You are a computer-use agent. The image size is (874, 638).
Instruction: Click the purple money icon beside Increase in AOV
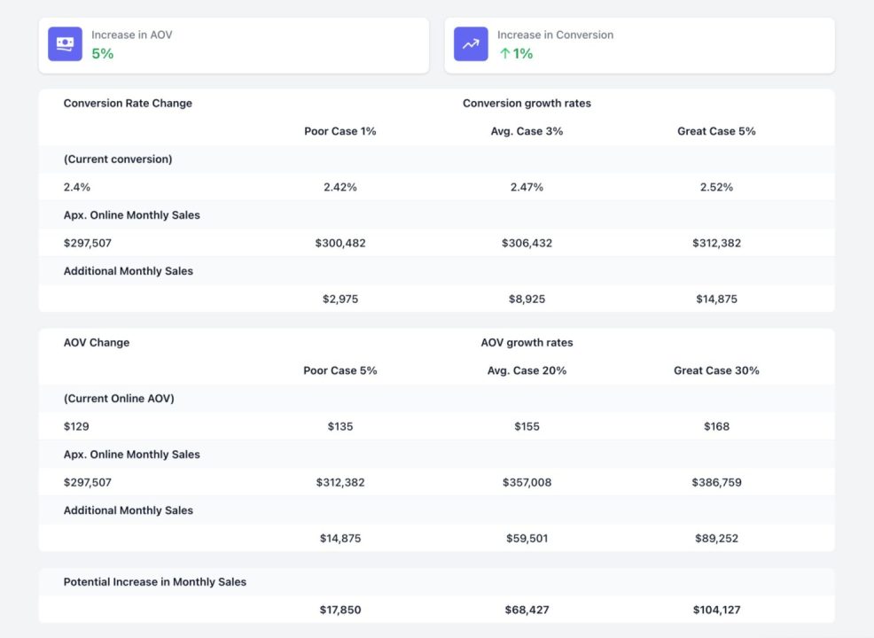pyautogui.click(x=65, y=44)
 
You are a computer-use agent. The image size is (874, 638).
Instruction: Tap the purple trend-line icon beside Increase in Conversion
pyautogui.click(x=471, y=44)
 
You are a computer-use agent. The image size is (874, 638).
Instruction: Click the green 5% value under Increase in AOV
pyautogui.click(x=103, y=54)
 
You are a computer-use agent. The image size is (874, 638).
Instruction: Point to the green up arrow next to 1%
pyautogui.click(x=504, y=54)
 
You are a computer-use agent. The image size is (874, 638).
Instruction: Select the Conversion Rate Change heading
pyautogui.click(x=128, y=104)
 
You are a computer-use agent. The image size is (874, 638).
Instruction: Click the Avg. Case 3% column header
pyautogui.click(x=527, y=131)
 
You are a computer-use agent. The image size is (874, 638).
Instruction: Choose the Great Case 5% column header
pyautogui.click(x=716, y=131)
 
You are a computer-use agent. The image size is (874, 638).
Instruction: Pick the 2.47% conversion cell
pyautogui.click(x=527, y=187)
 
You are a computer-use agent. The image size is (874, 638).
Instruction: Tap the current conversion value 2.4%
pyautogui.click(x=77, y=187)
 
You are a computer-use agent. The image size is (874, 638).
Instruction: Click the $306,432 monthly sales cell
pyautogui.click(x=527, y=243)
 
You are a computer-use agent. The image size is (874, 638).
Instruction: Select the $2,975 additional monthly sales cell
pyautogui.click(x=340, y=299)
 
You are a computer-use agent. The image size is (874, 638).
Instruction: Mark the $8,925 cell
pyautogui.click(x=527, y=299)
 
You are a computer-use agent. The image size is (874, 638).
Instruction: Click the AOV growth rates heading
pyautogui.click(x=527, y=343)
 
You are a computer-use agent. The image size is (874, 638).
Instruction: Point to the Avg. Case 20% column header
pyautogui.click(x=527, y=370)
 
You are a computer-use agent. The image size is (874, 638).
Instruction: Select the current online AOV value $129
pyautogui.click(x=76, y=426)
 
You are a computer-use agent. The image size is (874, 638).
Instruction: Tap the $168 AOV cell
pyautogui.click(x=716, y=426)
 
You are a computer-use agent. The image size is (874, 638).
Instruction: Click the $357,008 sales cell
pyautogui.click(x=527, y=482)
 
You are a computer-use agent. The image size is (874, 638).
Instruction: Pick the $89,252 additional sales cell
pyautogui.click(x=716, y=538)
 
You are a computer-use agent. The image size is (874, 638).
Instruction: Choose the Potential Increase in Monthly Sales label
pyautogui.click(x=155, y=582)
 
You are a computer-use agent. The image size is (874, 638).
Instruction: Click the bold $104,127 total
pyautogui.click(x=716, y=610)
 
